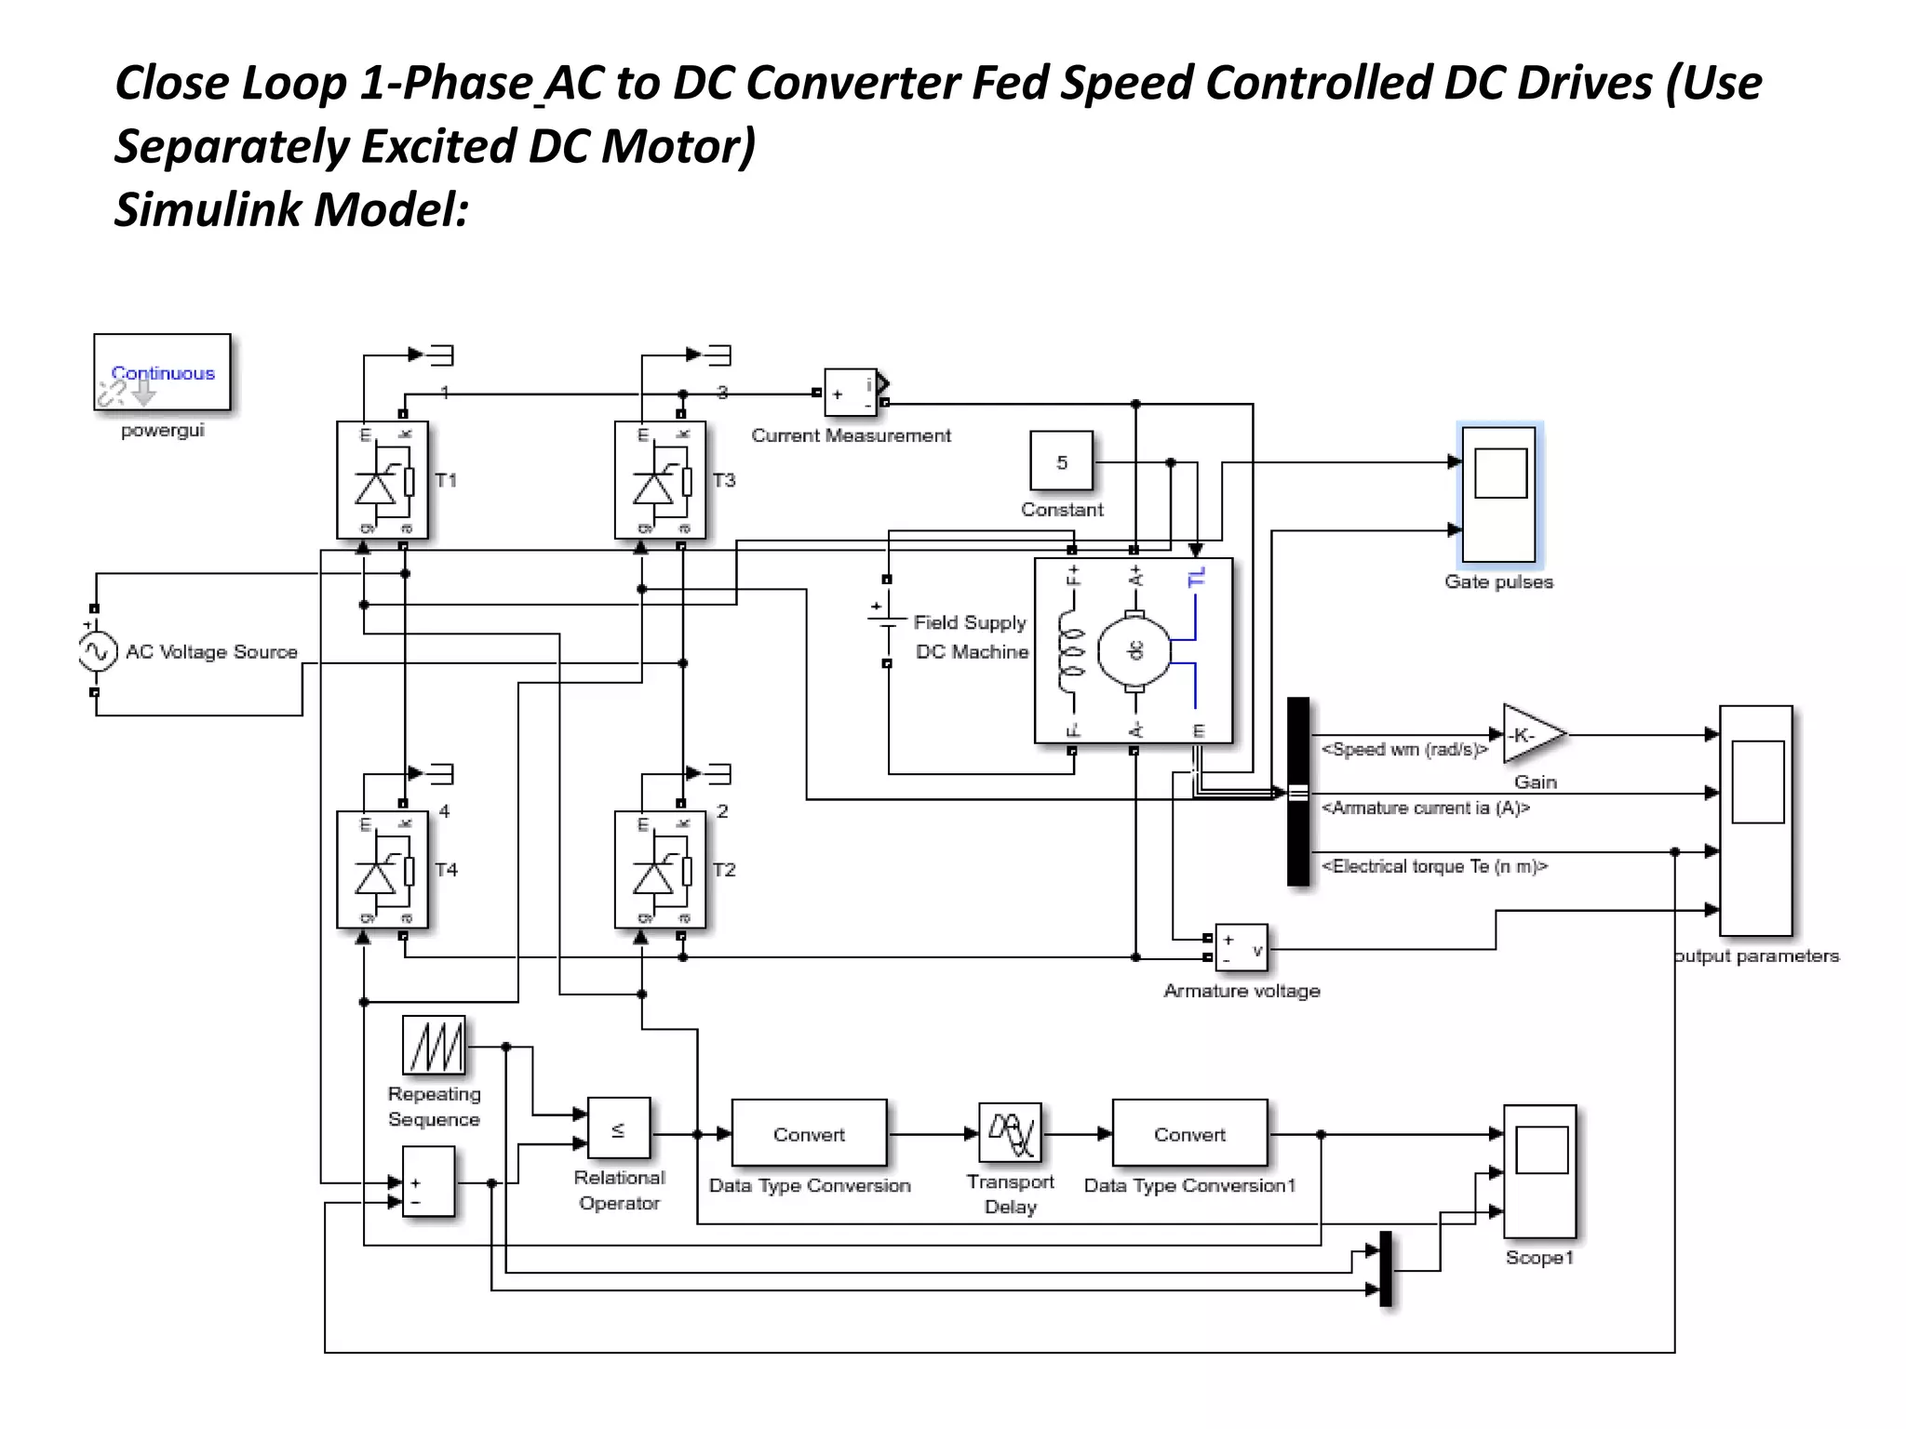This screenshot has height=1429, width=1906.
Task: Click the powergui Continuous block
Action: (x=162, y=372)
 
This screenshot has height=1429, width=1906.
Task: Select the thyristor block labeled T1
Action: (x=383, y=480)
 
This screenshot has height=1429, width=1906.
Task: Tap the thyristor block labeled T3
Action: (x=660, y=480)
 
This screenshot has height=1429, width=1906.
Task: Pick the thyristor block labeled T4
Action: (x=383, y=870)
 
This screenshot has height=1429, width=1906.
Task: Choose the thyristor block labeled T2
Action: (x=660, y=870)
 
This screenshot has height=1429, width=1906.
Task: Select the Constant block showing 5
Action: (x=1061, y=461)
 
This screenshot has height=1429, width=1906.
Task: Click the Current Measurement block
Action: (x=851, y=393)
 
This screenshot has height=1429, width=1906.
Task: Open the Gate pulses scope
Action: (x=1498, y=495)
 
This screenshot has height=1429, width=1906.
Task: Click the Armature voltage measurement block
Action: (x=1242, y=948)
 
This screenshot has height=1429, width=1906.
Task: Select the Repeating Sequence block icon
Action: (x=434, y=1046)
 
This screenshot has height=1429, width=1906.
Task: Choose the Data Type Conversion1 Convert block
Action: (x=1189, y=1134)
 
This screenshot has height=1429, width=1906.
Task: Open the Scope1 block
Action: (x=1540, y=1171)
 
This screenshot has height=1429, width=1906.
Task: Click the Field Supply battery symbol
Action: (x=886, y=621)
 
